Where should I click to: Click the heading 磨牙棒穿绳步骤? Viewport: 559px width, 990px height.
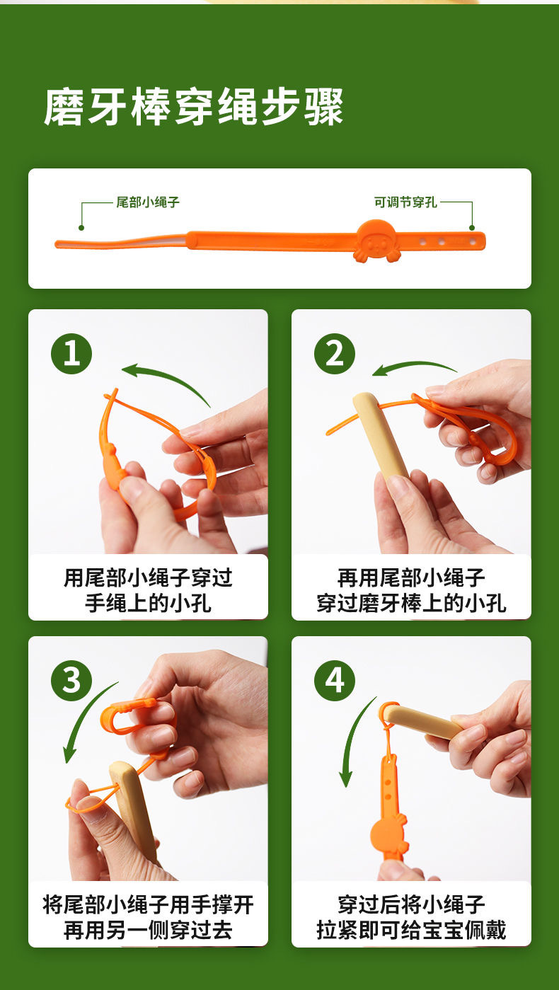tap(193, 108)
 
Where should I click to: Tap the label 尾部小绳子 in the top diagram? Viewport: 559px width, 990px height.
tap(148, 202)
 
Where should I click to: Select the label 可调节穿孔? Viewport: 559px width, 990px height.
tap(405, 202)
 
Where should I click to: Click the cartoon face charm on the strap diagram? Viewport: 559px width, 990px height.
tap(378, 241)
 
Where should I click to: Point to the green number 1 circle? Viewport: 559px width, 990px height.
tap(71, 353)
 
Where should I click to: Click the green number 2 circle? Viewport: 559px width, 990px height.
tap(335, 353)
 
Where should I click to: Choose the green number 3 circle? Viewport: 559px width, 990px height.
tap(71, 680)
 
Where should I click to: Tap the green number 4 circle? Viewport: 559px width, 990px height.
tap(335, 680)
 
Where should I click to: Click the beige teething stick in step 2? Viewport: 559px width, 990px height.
tap(381, 435)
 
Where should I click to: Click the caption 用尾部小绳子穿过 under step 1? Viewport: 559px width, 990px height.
tap(148, 578)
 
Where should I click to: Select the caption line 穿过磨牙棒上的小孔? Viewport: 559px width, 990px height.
tap(411, 603)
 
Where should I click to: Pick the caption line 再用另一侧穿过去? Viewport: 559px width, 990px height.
tap(148, 930)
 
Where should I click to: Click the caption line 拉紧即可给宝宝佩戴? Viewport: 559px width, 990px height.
tap(411, 930)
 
